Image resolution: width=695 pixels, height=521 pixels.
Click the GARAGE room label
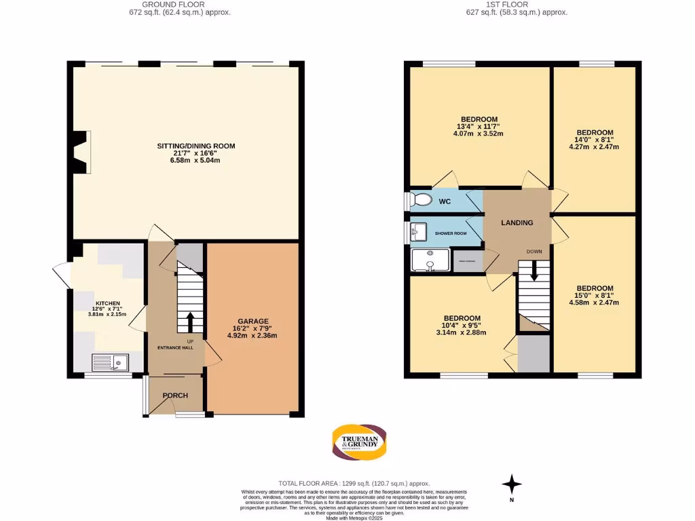[x=252, y=322]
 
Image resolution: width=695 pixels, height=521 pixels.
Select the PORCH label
[x=174, y=395]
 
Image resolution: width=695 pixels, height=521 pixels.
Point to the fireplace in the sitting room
[x=82, y=152]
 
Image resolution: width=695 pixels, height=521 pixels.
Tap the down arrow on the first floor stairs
[x=534, y=272]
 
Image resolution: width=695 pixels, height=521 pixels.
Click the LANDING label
[x=516, y=223]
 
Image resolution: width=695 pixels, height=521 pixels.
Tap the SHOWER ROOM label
[x=451, y=233]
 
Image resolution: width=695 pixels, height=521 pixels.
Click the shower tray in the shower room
[x=430, y=260]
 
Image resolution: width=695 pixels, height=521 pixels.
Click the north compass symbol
[x=512, y=484]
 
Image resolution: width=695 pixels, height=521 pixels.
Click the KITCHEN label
[x=107, y=303]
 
